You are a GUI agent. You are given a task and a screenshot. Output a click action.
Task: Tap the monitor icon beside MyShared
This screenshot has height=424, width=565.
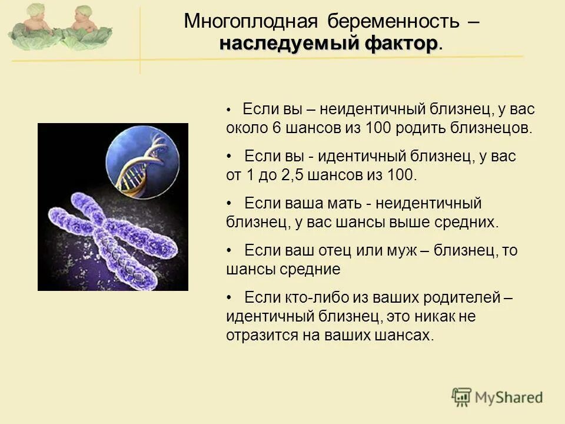pos(462,397)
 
